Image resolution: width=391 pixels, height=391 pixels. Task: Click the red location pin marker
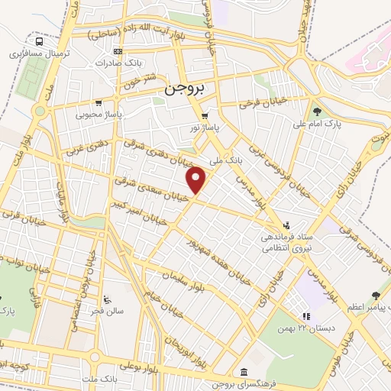coord(197,179)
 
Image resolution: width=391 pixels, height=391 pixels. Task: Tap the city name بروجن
coord(186,89)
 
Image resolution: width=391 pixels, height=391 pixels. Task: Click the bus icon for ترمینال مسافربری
coord(39,41)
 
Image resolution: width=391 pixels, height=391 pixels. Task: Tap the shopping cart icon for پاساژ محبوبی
coord(98,102)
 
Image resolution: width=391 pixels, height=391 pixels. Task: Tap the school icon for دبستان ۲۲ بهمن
coord(305,315)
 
